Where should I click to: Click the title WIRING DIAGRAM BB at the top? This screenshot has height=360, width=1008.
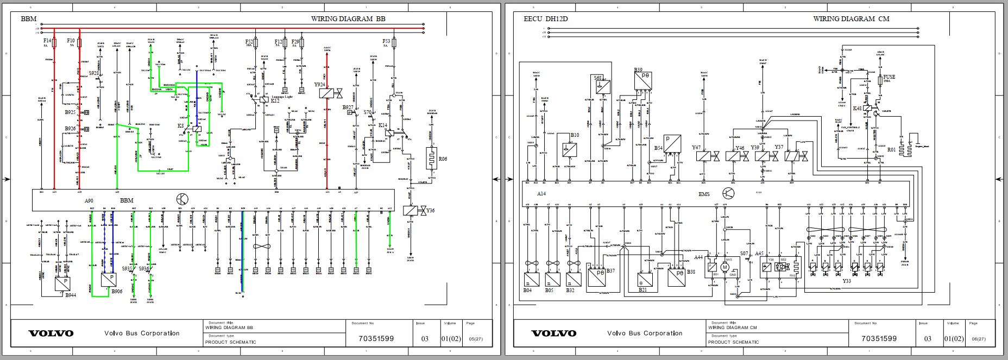pos(348,18)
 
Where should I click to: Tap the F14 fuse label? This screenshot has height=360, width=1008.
pos(47,41)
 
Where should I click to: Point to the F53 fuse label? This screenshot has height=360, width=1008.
pos(386,41)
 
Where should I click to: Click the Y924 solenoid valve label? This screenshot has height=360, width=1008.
pos(319,85)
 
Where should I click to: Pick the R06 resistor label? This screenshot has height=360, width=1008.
pos(443,159)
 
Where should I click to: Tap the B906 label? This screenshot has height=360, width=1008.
pos(117,292)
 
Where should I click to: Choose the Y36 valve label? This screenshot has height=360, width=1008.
pos(430,210)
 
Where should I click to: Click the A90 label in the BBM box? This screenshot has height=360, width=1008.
pos(89,200)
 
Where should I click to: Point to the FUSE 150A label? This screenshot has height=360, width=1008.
pos(889,79)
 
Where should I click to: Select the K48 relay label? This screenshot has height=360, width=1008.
pos(857,108)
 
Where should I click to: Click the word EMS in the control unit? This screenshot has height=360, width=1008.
pos(704,193)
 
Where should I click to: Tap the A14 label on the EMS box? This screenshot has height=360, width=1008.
pos(541,193)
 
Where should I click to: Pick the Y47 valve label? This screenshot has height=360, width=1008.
pos(696,148)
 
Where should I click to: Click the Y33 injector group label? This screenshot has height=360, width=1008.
pos(846,281)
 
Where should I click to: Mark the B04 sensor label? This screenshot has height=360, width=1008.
pos(527,290)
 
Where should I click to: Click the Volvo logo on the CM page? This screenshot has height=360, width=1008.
pos(553,333)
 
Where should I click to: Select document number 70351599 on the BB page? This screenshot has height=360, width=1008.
pos(376,338)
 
